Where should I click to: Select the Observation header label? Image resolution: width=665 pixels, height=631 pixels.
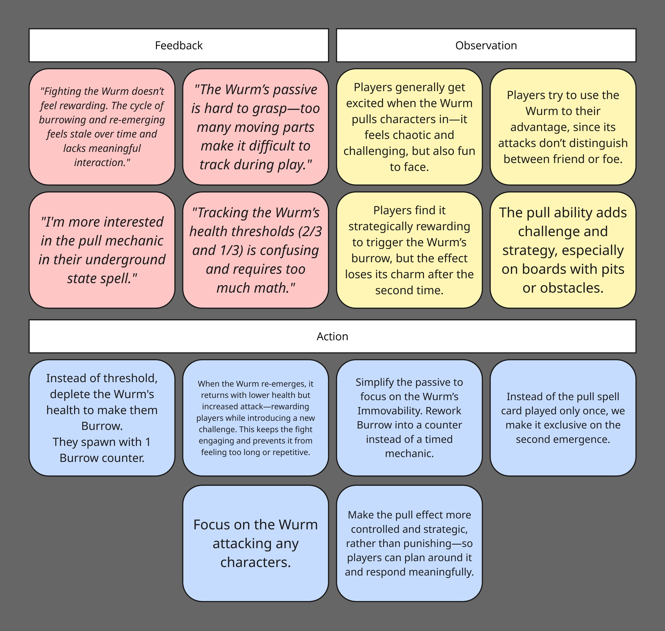pyautogui.click(x=486, y=45)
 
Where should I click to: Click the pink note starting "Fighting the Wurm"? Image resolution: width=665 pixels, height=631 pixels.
pyautogui.click(x=102, y=127)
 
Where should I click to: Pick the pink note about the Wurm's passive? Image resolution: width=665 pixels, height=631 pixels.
pyautogui.click(x=256, y=127)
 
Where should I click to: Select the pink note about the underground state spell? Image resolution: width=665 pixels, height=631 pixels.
pyautogui.click(x=102, y=250)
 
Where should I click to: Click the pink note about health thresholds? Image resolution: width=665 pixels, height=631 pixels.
pyautogui.click(x=256, y=250)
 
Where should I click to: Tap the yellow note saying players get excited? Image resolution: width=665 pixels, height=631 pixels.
pyautogui.click(x=409, y=127)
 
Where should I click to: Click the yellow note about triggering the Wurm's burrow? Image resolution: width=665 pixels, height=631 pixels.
pyautogui.click(x=409, y=250)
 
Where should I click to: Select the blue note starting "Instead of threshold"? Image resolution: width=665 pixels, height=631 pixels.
pyautogui.click(x=102, y=418)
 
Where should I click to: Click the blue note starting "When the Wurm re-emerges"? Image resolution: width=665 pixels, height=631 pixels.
pyautogui.click(x=256, y=418)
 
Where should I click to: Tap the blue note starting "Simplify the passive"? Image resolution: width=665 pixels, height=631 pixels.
pyautogui.click(x=409, y=418)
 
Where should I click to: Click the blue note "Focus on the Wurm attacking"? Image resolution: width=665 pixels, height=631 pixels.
pyautogui.click(x=256, y=543)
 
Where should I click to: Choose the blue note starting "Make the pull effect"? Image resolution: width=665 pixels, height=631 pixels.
pyautogui.click(x=409, y=543)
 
